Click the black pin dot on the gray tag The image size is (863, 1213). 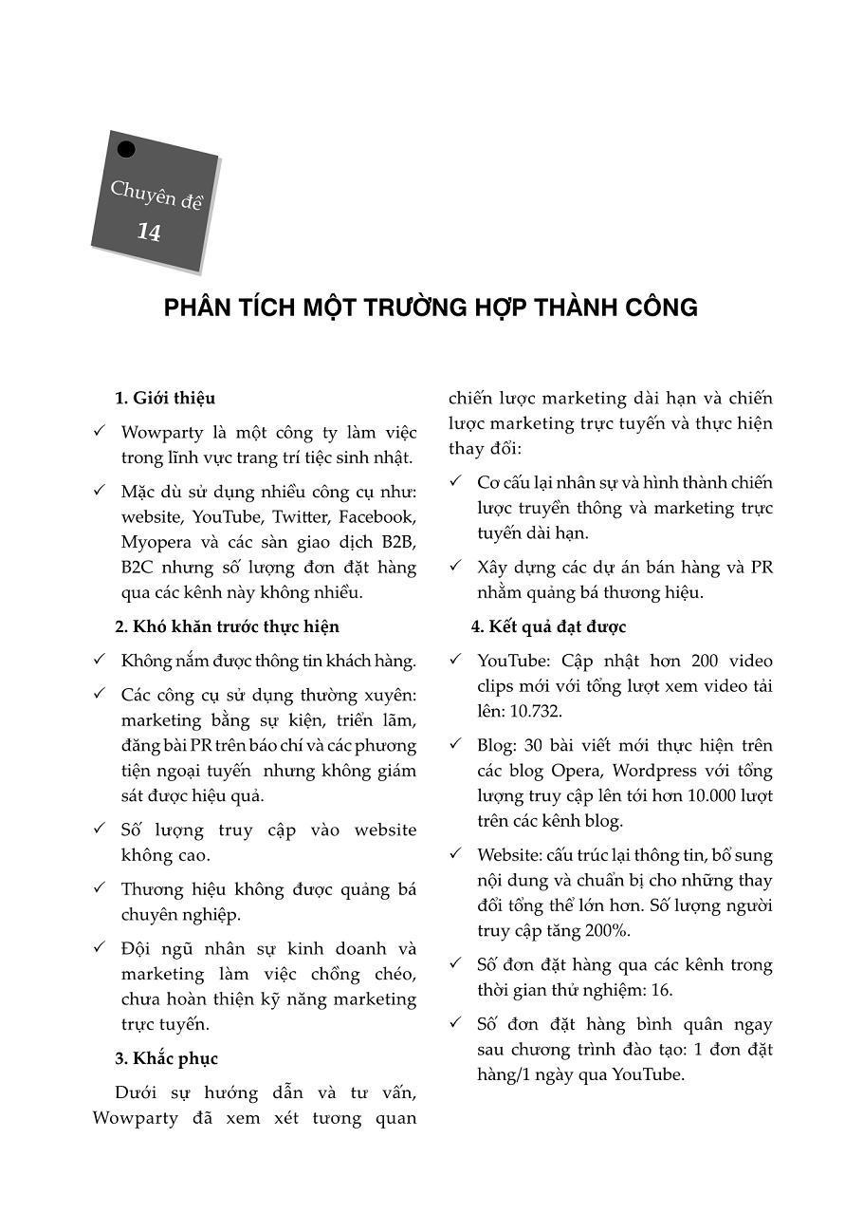click(x=126, y=149)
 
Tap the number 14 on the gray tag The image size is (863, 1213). click(x=149, y=233)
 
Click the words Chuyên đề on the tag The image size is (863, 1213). click(x=156, y=196)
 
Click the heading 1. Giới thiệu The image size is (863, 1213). click(x=165, y=398)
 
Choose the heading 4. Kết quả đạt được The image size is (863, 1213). click(x=548, y=626)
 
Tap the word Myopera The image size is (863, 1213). click(x=159, y=543)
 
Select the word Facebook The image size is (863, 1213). click(x=376, y=517)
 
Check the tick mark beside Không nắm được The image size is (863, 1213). click(x=99, y=660)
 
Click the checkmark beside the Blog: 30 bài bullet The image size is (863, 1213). click(x=455, y=744)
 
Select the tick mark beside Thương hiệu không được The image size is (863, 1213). click(x=99, y=888)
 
